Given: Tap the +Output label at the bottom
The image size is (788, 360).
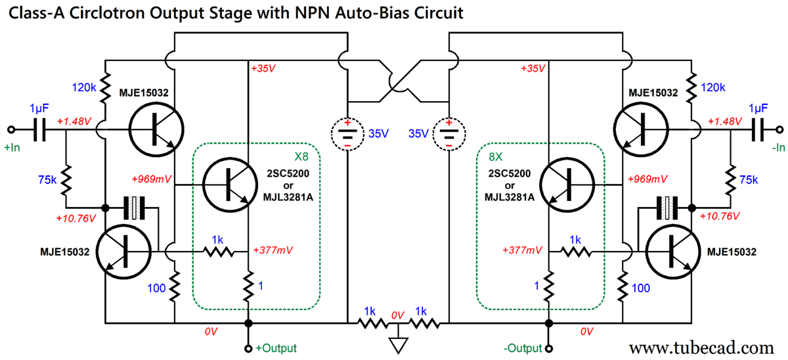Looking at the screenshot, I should (276, 348).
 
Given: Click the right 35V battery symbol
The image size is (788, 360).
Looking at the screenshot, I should (449, 133).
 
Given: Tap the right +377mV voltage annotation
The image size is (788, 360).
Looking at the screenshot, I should (522, 250).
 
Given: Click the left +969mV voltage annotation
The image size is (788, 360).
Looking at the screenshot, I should (151, 178).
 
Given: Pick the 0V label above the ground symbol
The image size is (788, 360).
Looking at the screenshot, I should (397, 315).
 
